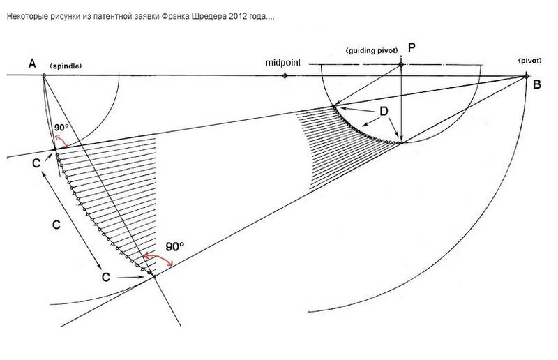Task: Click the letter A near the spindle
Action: click(x=32, y=64)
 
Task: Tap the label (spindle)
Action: click(x=66, y=66)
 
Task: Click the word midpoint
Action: click(x=283, y=63)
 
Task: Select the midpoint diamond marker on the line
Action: click(x=285, y=75)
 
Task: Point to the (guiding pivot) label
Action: click(x=372, y=50)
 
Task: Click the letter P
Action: click(x=412, y=47)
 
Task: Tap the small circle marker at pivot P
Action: click(x=401, y=64)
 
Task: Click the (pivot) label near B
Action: click(x=530, y=61)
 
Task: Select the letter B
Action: click(x=537, y=84)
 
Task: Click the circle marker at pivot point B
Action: click(x=527, y=76)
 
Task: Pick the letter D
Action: click(x=384, y=112)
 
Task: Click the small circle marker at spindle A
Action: click(x=44, y=75)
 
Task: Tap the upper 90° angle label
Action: click(x=61, y=128)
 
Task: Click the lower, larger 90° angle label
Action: click(x=175, y=247)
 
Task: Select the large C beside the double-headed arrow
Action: click(x=56, y=225)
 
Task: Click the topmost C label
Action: click(x=36, y=163)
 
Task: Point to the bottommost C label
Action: click(x=106, y=278)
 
